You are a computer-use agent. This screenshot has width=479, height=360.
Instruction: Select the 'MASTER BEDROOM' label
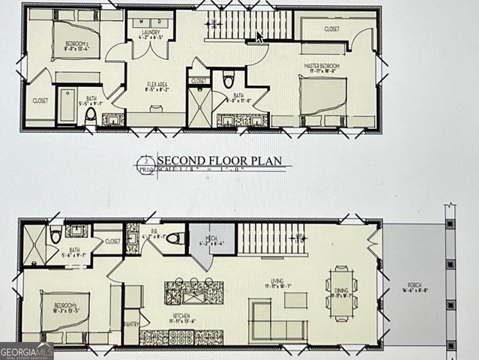(x=322, y=66)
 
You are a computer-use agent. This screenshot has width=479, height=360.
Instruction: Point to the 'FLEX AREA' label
(x=156, y=86)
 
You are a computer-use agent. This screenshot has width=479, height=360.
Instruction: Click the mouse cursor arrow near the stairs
(x=259, y=37)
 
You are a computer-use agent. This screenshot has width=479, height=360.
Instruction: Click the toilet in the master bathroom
(x=229, y=79)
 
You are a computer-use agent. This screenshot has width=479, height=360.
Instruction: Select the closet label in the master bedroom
(x=331, y=29)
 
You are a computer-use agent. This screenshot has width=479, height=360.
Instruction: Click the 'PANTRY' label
(x=130, y=324)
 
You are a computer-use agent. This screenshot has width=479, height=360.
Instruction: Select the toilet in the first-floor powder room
(x=174, y=238)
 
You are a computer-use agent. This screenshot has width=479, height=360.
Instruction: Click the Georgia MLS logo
(x=26, y=350)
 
